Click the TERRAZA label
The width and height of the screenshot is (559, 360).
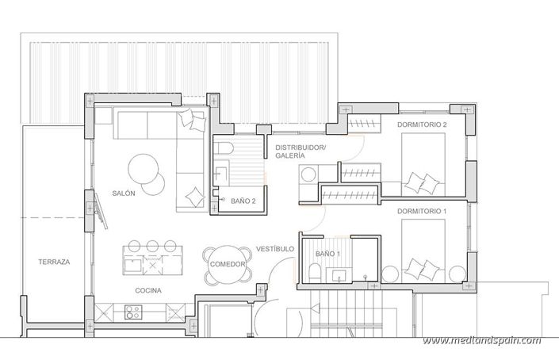pyautogui.click(x=54, y=261)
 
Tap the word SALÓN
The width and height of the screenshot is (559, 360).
pyautogui.click(x=123, y=193)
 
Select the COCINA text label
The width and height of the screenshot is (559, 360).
pyautogui.click(x=148, y=290)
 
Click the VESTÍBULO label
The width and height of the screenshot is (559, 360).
pyautogui.click(x=276, y=249)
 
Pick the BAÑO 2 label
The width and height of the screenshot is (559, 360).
pyautogui.click(x=243, y=202)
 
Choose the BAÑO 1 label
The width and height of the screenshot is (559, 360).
pyautogui.click(x=327, y=253)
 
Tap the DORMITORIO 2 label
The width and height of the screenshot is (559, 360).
pyautogui.click(x=422, y=124)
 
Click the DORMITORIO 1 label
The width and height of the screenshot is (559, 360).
pyautogui.click(x=422, y=211)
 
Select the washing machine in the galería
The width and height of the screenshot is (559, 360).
pyautogui.click(x=308, y=174)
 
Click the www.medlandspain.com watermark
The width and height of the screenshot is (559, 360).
pyautogui.click(x=481, y=341)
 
